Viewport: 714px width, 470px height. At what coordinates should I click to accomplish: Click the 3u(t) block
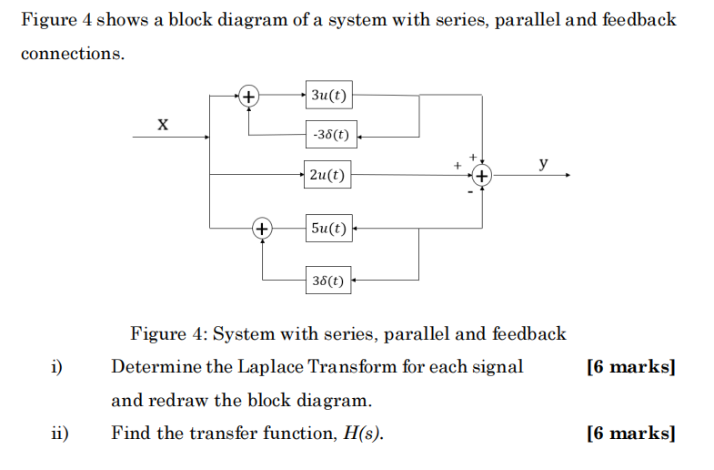(x=329, y=95)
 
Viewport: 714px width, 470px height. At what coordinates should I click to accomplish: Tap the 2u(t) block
(x=327, y=175)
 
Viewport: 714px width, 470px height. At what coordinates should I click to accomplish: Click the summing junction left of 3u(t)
(x=247, y=95)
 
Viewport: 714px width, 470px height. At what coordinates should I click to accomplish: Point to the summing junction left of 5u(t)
(x=262, y=228)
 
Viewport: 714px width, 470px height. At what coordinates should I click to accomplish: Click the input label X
(x=162, y=123)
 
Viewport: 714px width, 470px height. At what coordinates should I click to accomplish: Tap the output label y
(x=543, y=163)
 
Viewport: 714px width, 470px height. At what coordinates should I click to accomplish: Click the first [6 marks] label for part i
(x=631, y=367)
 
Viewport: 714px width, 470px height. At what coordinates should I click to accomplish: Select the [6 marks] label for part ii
(x=631, y=433)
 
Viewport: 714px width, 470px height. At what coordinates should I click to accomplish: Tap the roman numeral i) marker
(x=56, y=367)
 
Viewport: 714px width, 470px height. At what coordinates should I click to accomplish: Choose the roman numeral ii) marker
(x=59, y=433)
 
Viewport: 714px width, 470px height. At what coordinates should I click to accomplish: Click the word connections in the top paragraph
(x=71, y=54)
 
